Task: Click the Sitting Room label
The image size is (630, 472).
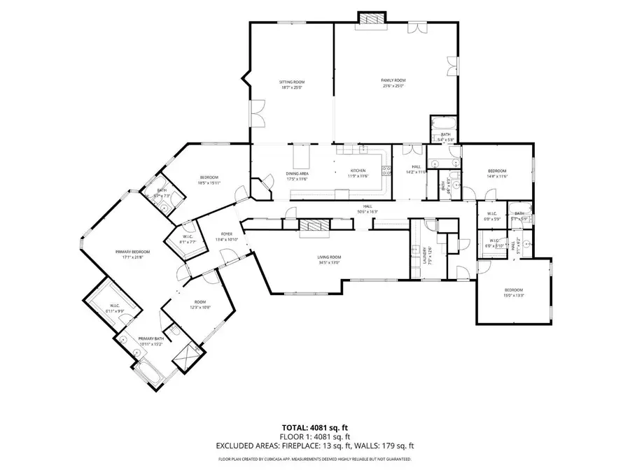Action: point(292,82)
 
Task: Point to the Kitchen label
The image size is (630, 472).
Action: point(358,171)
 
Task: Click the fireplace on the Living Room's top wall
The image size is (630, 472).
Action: point(313,225)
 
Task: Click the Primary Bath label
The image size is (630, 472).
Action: point(150,338)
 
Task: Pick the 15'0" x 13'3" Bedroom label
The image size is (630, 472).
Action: point(514,289)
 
